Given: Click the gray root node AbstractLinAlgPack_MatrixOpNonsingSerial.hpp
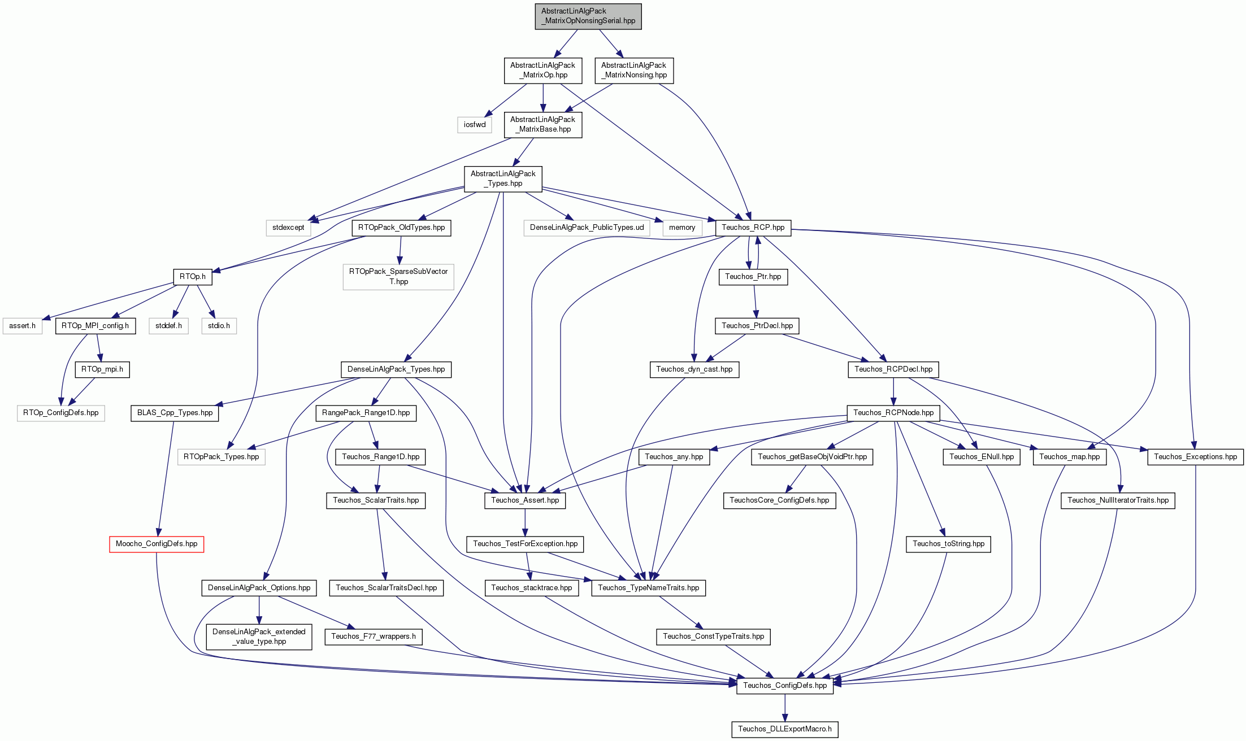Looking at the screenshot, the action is (588, 16).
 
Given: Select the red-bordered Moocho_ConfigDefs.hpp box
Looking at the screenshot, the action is (157, 544).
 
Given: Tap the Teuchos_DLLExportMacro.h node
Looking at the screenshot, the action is (785, 729).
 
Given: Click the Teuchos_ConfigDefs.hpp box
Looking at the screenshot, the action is (785, 686).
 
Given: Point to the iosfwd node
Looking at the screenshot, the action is (475, 125).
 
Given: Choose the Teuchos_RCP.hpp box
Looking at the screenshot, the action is (753, 228).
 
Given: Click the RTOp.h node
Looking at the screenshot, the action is (193, 277).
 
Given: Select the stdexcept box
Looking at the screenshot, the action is (288, 228).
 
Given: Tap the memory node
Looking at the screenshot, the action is (682, 228).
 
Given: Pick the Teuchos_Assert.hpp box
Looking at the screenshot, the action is (525, 500).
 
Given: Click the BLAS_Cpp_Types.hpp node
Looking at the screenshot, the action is (175, 413).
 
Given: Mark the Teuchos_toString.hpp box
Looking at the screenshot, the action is (948, 544).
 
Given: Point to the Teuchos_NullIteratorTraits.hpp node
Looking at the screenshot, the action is (1118, 500).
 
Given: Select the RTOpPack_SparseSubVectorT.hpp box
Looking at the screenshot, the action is (398, 277).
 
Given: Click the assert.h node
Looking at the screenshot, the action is (22, 326).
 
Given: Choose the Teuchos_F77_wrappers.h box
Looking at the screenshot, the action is (374, 637).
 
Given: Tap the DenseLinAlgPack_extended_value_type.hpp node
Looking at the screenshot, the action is (259, 637).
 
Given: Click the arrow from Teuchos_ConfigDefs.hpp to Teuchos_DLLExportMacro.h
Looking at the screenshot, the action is (785, 708).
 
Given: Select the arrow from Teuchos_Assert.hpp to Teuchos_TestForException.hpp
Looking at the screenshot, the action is (525, 522).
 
